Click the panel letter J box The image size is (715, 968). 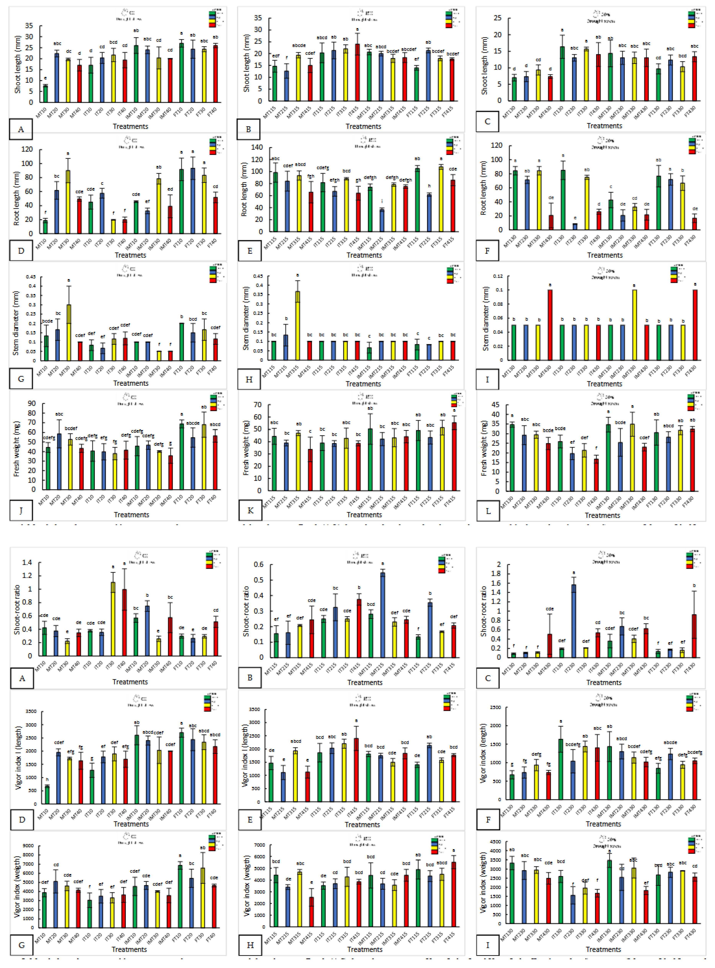[21, 511]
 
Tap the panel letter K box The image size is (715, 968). [250, 511]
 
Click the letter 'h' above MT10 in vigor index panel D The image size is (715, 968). [47, 780]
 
